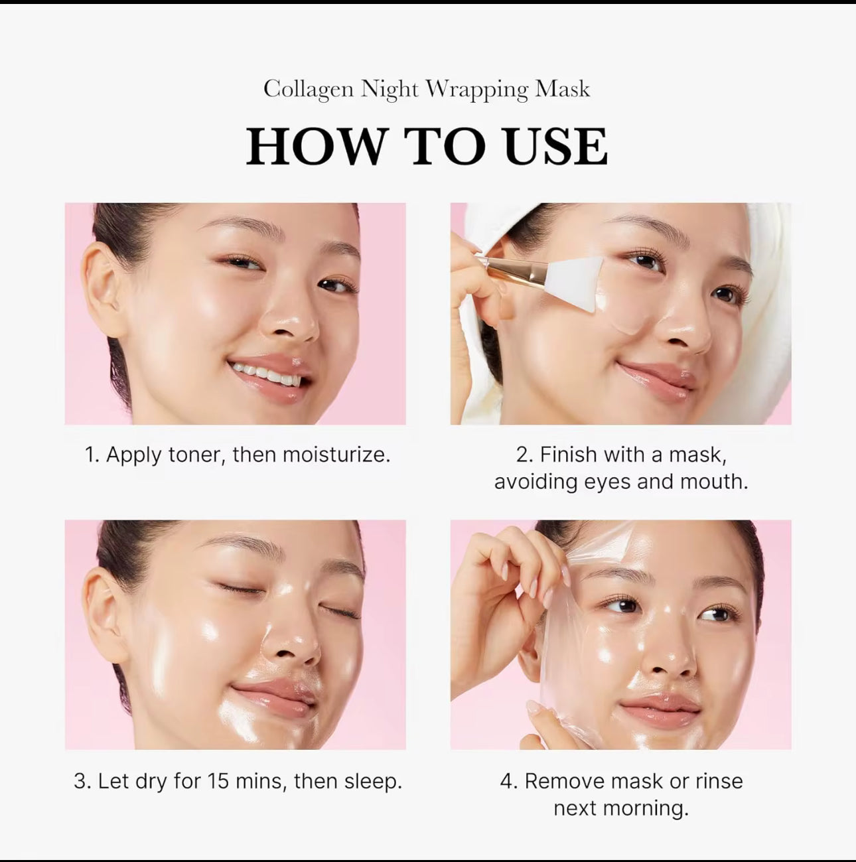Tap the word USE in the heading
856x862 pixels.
click(555, 147)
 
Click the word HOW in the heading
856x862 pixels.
click(317, 147)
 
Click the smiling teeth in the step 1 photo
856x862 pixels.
click(269, 375)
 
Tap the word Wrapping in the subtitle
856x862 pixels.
click(476, 90)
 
